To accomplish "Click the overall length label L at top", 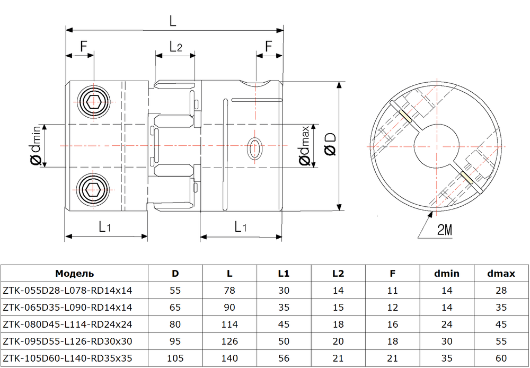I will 173,21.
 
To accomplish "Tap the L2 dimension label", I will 175,47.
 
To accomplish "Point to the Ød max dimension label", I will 304,146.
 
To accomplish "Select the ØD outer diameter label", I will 330,144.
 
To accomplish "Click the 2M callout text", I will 445,230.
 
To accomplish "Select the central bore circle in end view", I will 436,147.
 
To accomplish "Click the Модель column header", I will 75,274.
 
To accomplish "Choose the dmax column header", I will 501,274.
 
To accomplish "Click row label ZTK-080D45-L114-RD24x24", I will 67,325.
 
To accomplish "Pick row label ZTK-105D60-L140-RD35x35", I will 67,358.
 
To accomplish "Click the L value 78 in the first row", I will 229,291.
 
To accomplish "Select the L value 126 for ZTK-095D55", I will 229,341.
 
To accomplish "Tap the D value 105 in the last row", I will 175,358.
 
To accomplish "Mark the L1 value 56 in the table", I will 284,358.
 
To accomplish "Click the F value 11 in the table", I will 392,291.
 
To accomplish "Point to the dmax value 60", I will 501,358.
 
